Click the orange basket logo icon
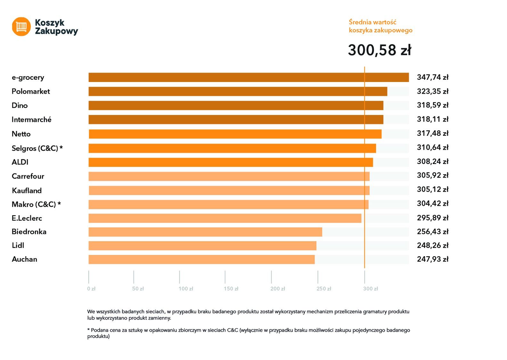pos(21,27)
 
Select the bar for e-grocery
pos(249,78)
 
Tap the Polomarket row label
pos(31,92)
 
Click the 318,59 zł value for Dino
pos(432,105)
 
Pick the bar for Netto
pos(235,134)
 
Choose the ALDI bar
pos(231,162)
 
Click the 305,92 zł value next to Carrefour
pos(432,176)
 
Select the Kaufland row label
pos(27,191)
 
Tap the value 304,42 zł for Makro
pos(432,204)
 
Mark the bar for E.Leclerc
pos(225,218)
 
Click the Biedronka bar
pos(205,232)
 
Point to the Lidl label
pos(18,246)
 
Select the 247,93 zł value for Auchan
pos(432,259)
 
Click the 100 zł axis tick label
pos(186,289)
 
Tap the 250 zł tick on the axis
pos(324,289)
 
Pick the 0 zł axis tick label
pos(91,289)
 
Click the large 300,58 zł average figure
pos(380,50)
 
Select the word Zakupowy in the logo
pos(56,31)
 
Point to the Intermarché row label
pos(31,120)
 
